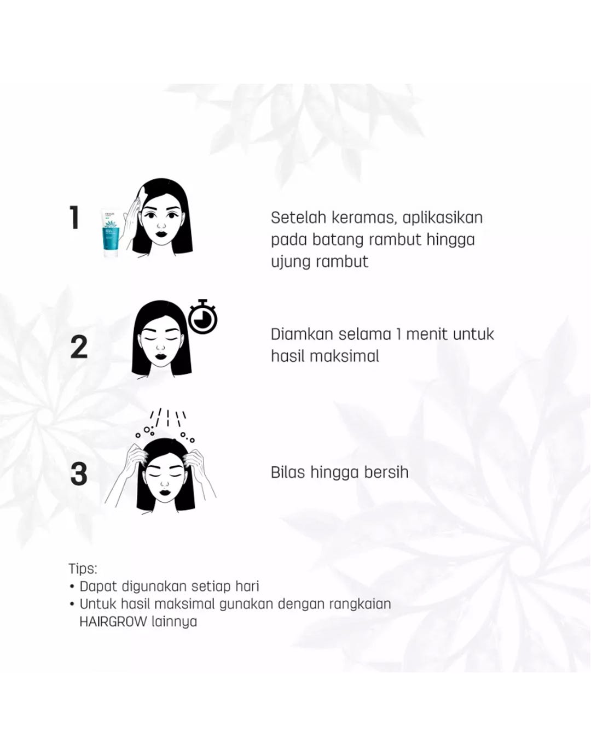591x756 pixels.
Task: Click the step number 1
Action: click(75, 218)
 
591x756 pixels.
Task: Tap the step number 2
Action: click(79, 348)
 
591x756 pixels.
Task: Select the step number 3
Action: click(79, 474)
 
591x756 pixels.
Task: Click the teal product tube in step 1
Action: click(112, 232)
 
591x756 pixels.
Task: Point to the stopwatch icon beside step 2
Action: click(203, 318)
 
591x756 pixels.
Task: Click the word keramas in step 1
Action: click(363, 218)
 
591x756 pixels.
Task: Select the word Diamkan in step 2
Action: click(302, 334)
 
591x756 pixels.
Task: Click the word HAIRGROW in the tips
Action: click(113, 622)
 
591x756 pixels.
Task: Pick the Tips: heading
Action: click(83, 569)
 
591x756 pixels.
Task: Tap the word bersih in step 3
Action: click(386, 472)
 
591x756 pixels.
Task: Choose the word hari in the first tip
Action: click(247, 587)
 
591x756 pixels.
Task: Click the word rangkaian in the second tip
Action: click(360, 604)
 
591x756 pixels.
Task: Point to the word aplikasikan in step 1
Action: click(443, 218)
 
